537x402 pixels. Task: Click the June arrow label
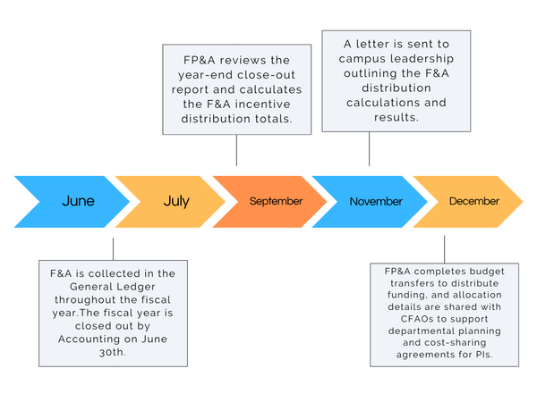78,201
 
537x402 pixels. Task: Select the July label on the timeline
176,201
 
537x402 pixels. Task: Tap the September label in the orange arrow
276,201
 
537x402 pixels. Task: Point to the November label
376,201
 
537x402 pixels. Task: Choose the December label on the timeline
474,201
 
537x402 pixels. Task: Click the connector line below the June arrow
113,249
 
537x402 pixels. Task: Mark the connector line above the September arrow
236,150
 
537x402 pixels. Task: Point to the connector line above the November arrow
369,149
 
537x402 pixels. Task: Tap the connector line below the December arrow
445,249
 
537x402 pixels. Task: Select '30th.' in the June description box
113,352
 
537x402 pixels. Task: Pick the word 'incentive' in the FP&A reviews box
262,104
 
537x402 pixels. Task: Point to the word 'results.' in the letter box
396,117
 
